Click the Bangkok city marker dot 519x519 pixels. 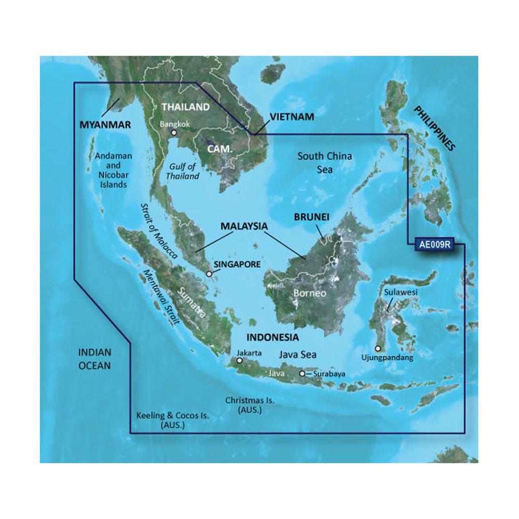[174, 133]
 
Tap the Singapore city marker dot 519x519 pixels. [209, 274]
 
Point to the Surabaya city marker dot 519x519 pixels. [302, 373]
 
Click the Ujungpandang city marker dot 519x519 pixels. [378, 349]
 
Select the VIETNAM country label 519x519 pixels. [291, 117]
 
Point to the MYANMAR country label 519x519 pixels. [104, 125]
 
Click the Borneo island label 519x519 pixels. [310, 293]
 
